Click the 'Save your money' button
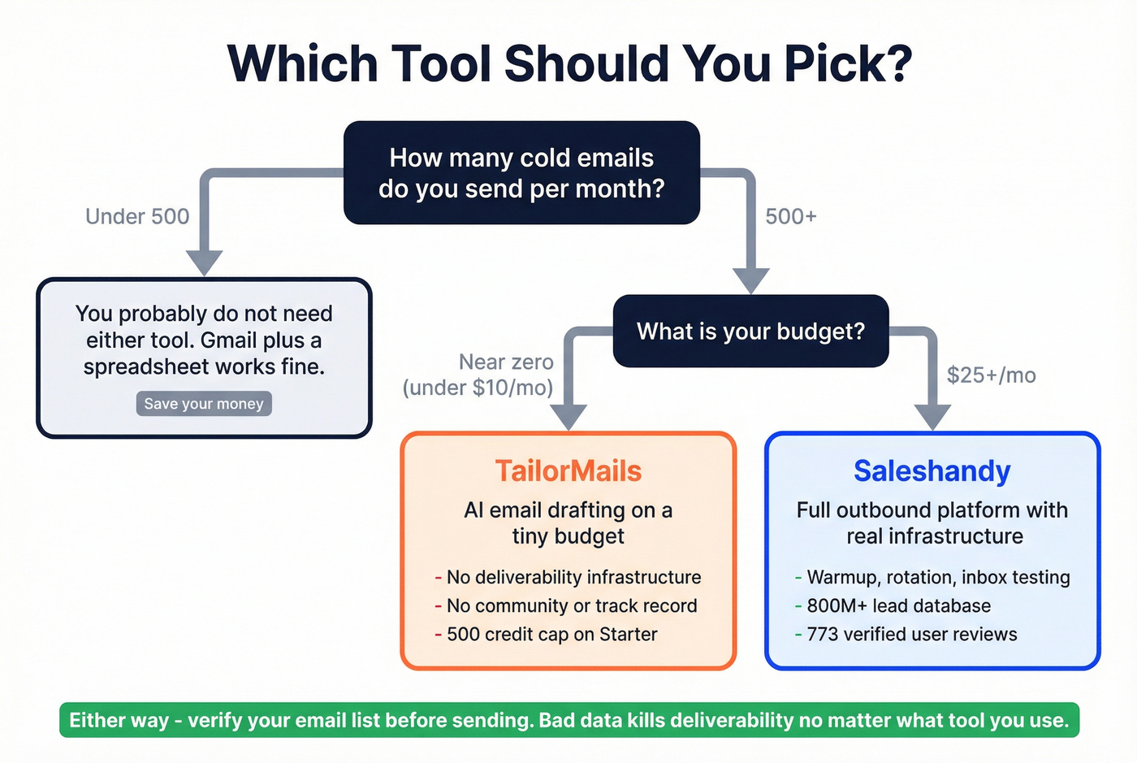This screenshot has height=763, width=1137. pos(204,404)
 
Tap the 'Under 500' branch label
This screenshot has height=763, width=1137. pos(137,216)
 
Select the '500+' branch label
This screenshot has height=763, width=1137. pos(790,216)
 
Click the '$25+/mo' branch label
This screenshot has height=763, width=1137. pos(991,375)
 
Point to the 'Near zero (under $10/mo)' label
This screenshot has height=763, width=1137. pos(479,375)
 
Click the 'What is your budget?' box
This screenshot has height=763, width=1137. pos(750,332)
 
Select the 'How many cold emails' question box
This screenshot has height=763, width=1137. pos(521,173)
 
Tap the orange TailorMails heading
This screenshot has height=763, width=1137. pos(568,471)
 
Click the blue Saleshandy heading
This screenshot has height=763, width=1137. pos(932,471)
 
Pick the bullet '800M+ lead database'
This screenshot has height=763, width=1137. pos(898,606)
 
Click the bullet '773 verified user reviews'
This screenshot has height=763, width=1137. pos(911,635)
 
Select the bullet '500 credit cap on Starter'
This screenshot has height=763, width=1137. pos(551,635)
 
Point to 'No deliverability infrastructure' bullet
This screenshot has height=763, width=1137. pos(573,578)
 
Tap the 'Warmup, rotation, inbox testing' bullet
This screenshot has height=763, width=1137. pos(938,578)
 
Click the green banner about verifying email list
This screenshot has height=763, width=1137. pos(568,720)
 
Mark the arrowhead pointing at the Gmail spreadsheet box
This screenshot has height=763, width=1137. pos(205,262)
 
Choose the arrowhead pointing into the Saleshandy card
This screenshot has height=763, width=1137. pos(932,416)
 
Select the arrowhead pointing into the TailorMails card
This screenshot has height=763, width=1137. pos(568,416)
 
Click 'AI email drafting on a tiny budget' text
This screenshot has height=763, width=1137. pos(568,523)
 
